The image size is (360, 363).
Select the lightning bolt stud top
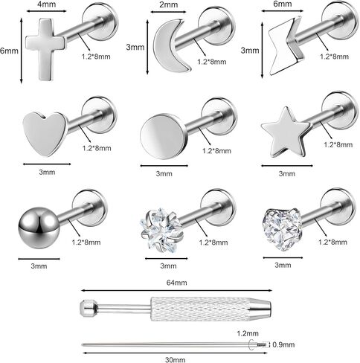click(x=285, y=46)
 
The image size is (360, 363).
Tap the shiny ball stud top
click(x=39, y=228)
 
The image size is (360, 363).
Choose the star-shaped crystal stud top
click(x=162, y=228)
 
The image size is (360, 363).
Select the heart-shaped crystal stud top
click(x=282, y=229)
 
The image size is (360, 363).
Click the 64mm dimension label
click(x=176, y=283)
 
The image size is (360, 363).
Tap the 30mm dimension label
click(x=175, y=359)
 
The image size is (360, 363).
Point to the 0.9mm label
click(x=283, y=344)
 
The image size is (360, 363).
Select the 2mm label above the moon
click(x=168, y=4)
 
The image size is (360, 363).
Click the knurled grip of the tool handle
click(x=201, y=309)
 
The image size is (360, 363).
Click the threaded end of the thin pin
click(x=262, y=344)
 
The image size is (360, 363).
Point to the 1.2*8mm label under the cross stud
click(x=96, y=57)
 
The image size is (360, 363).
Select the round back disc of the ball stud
click(x=90, y=208)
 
